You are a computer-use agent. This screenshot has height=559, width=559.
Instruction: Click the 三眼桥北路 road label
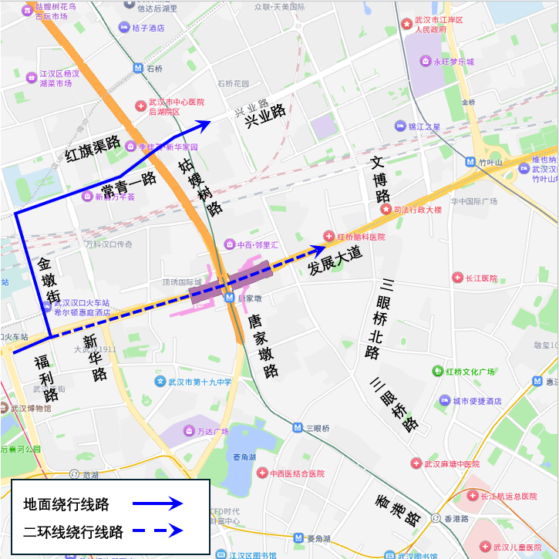point(378,319)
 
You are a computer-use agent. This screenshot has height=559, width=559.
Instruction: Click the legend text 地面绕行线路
point(66,505)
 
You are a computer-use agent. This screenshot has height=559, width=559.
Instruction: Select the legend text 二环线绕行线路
point(73,531)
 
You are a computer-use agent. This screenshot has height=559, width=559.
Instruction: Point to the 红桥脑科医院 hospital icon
point(328,236)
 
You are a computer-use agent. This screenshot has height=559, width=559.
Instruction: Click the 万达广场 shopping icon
point(189,431)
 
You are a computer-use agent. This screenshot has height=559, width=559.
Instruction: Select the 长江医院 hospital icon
point(456,278)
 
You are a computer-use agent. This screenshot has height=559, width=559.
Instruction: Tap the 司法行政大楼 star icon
point(385,209)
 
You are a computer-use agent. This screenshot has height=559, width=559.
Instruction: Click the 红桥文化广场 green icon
point(437,372)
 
